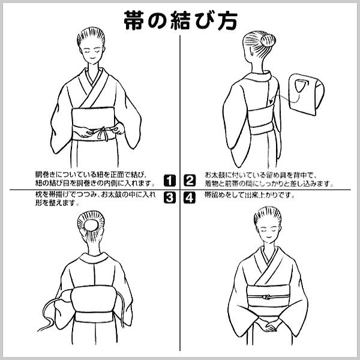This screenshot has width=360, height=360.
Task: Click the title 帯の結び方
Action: pos(181,20)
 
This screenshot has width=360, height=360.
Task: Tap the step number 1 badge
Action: pos(170,181)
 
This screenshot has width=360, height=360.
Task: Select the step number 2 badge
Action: pos(190,181)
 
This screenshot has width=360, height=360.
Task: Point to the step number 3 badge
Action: pos(170,197)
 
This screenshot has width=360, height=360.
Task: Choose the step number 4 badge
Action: pos(190,197)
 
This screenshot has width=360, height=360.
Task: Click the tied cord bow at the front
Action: pos(101,133)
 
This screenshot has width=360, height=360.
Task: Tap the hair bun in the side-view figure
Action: pos(268,41)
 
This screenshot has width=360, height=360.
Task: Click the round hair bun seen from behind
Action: pos(91,224)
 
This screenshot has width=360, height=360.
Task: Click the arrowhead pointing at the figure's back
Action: pos(272,101)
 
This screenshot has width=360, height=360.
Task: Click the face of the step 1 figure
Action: pos(91,53)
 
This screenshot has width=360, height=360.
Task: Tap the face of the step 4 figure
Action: pos(268,232)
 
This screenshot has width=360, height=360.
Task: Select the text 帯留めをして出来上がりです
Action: pos(250,196)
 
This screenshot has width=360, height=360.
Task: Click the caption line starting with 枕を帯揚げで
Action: pos(95,194)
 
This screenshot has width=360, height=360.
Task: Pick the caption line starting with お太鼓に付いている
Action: pos(260,176)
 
